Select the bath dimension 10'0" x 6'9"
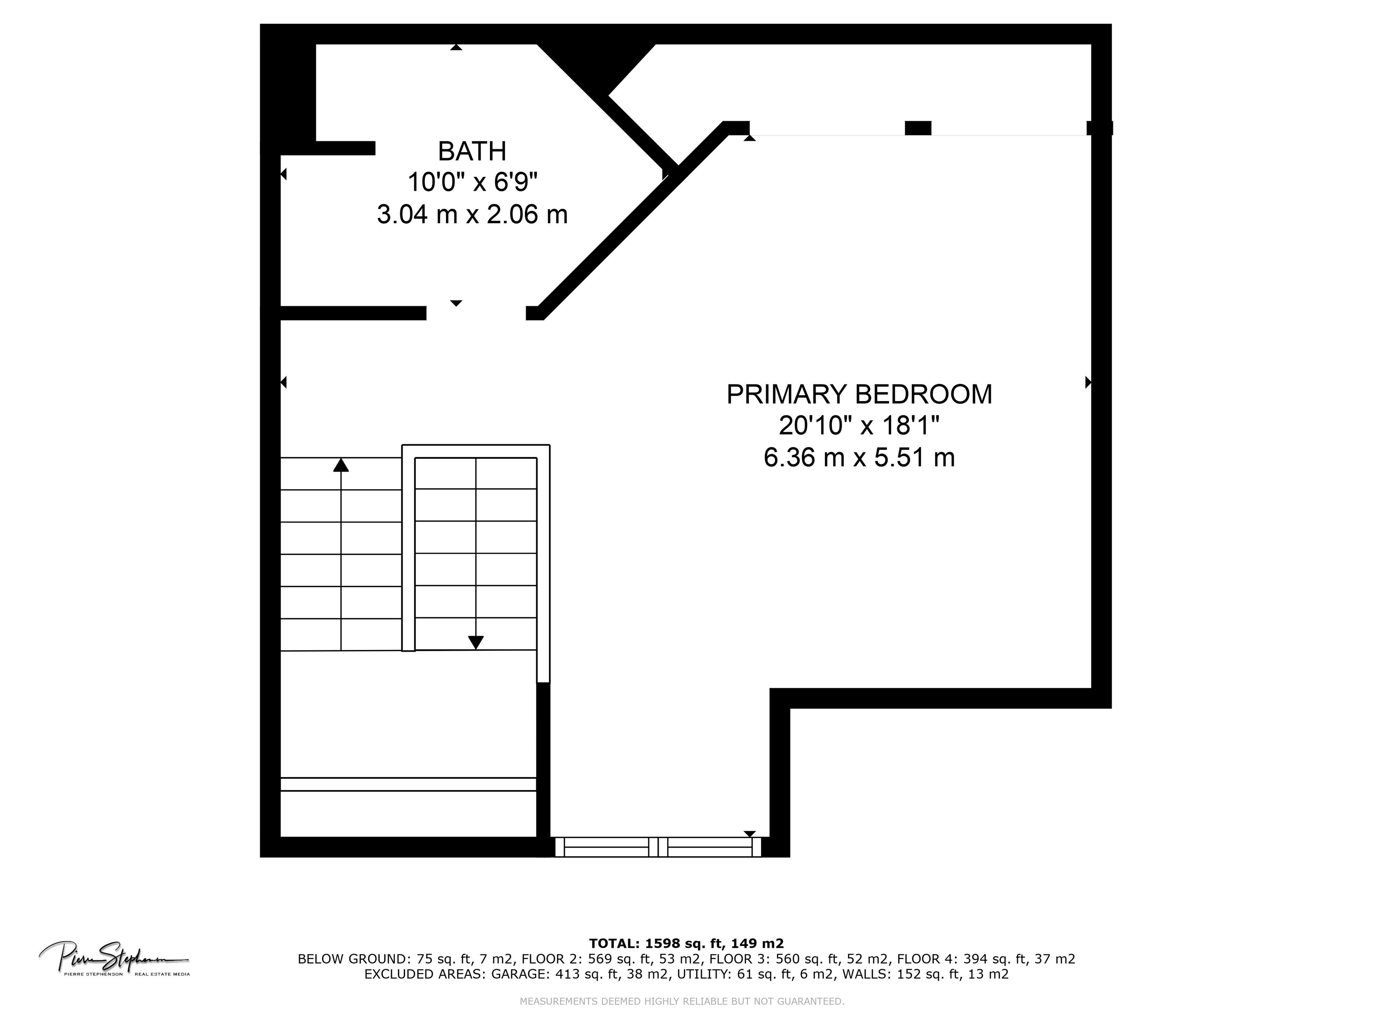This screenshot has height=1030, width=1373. (x=472, y=182)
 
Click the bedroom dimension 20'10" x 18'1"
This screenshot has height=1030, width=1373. (x=859, y=426)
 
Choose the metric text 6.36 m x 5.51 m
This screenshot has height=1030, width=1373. (x=859, y=458)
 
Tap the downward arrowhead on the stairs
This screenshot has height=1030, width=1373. (x=476, y=642)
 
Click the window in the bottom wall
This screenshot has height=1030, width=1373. (x=657, y=847)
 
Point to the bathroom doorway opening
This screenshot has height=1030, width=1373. (x=476, y=313)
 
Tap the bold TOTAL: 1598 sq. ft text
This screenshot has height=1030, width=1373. (x=686, y=944)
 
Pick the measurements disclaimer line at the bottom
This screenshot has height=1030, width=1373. (x=682, y=1001)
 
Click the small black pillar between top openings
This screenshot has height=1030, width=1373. (x=918, y=128)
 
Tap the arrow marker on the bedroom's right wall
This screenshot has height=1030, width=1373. (x=1087, y=382)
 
